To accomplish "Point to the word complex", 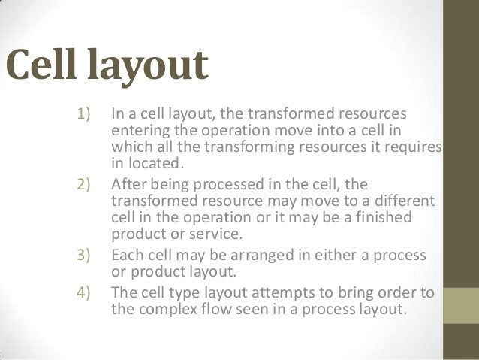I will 170,307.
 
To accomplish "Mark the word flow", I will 221,307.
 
